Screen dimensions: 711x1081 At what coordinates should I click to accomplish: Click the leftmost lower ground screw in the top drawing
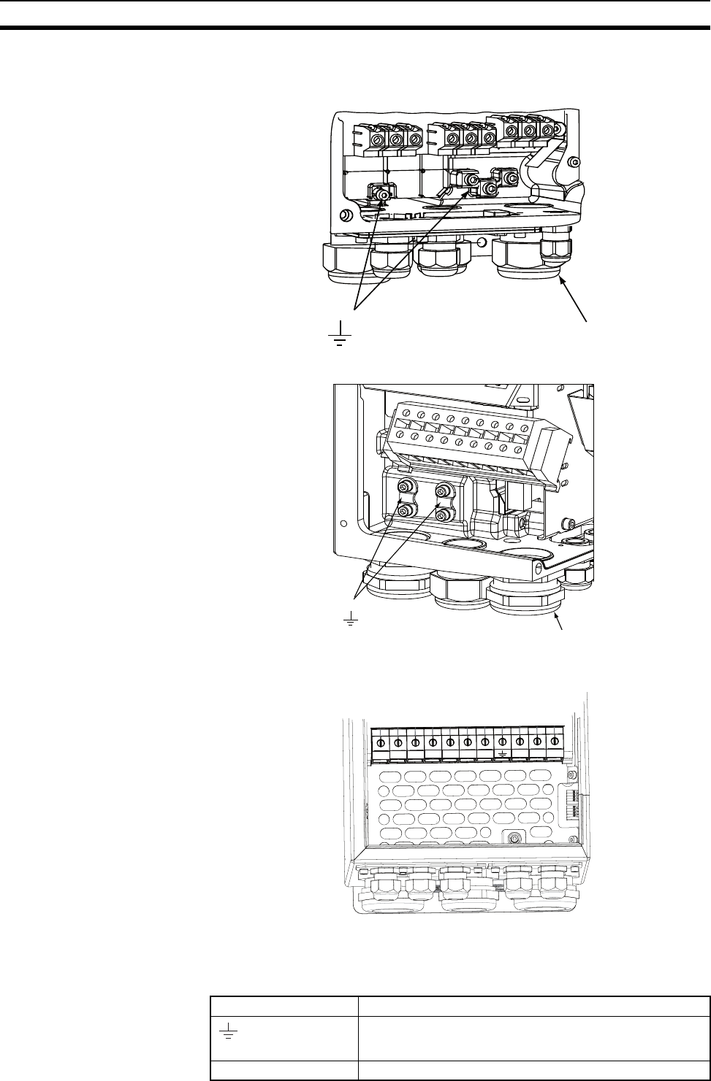379,194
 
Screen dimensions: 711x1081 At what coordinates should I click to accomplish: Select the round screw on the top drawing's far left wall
347,215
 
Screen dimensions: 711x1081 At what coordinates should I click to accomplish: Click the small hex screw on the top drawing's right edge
576,162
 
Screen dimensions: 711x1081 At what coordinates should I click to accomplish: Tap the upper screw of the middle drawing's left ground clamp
403,488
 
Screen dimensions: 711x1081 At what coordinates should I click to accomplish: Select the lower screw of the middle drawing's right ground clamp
441,515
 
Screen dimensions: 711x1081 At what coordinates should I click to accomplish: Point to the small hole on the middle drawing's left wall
343,523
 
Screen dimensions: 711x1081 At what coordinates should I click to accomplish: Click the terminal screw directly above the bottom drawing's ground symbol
502,742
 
